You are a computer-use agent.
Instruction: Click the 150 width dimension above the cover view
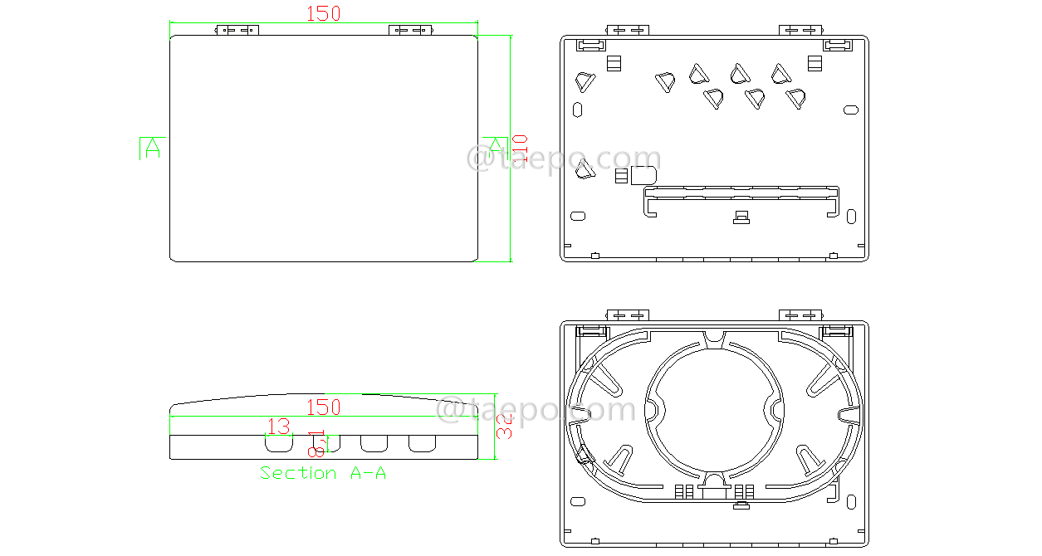pyautogui.click(x=324, y=14)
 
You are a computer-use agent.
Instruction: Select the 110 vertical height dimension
pyautogui.click(x=520, y=149)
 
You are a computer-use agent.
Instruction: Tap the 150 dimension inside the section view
pyautogui.click(x=324, y=407)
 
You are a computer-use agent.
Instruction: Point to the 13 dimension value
pyautogui.click(x=279, y=427)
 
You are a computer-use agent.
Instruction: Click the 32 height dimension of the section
pyautogui.click(x=505, y=427)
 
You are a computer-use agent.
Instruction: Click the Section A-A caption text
pyautogui.click(x=323, y=473)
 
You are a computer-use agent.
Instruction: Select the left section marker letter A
pyautogui.click(x=152, y=149)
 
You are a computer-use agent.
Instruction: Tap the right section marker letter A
pyautogui.click(x=495, y=144)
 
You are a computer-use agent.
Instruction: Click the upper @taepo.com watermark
pyautogui.click(x=564, y=159)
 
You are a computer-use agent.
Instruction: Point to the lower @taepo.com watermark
pyautogui.click(x=536, y=410)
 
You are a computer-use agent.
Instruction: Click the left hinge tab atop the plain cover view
pyautogui.click(x=237, y=31)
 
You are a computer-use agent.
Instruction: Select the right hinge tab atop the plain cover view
pyautogui.click(x=411, y=31)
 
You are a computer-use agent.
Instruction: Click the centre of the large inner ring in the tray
pyautogui.click(x=714, y=410)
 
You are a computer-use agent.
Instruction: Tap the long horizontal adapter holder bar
pyautogui.click(x=742, y=193)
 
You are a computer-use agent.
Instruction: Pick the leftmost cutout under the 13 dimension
pyautogui.click(x=279, y=443)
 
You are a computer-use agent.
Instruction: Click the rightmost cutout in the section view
pyautogui.click(x=423, y=443)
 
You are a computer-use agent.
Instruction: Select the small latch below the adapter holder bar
pyautogui.click(x=741, y=217)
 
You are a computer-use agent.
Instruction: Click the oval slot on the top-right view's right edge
pyautogui.click(x=850, y=110)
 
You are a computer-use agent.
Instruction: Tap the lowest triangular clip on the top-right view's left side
pyautogui.click(x=585, y=169)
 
